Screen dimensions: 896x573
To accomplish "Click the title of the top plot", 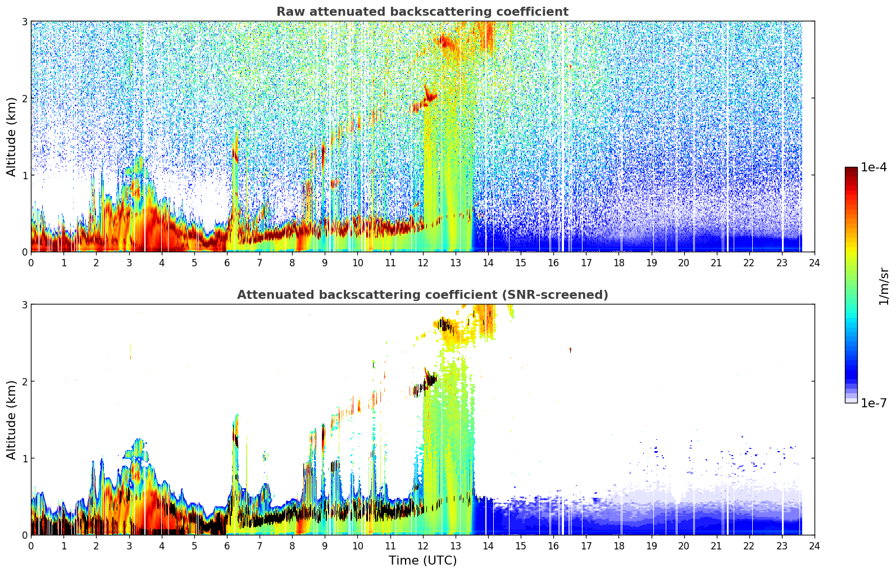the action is point(422,12).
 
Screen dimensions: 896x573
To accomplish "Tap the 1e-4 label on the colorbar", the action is point(874,167).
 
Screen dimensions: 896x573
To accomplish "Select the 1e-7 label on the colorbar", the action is point(874,403).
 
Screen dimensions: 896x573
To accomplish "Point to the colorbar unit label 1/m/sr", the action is point(884,286).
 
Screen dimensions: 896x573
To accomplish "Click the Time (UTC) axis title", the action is point(422,560).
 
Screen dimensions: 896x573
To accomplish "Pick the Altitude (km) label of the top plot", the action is point(11,137).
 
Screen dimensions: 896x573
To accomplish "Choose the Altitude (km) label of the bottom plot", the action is point(11,420).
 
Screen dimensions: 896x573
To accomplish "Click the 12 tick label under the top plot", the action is point(423,263).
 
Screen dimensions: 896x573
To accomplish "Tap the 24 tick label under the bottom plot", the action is point(815,546).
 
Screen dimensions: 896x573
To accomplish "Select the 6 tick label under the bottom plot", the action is point(227,546).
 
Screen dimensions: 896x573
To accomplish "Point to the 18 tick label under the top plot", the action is point(619,263).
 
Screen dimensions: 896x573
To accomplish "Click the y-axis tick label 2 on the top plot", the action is point(24,98).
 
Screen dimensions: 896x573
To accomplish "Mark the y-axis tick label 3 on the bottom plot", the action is point(24,305).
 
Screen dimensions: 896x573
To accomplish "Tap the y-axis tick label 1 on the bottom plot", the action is point(24,458).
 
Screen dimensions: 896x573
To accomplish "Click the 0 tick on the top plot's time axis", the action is point(31,263).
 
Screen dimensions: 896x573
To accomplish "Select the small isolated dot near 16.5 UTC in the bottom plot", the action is point(570,350).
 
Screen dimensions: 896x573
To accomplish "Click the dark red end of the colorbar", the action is point(851,170).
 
